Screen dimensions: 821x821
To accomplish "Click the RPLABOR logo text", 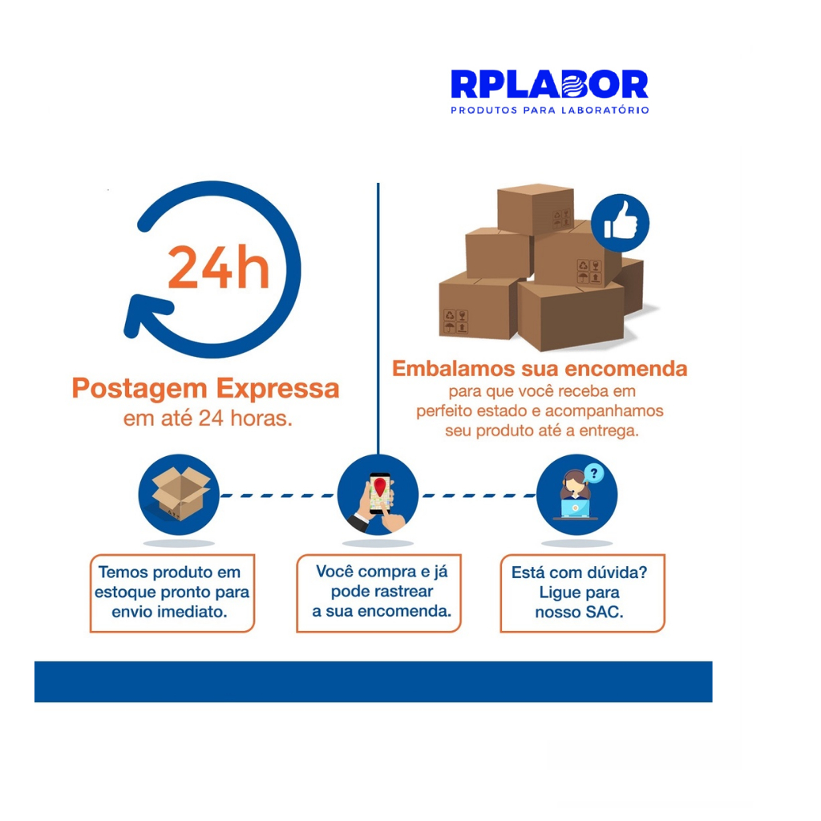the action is point(549,84).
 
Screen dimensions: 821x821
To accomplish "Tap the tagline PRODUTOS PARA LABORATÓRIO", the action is point(550,111).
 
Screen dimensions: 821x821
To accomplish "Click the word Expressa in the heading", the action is point(278,389).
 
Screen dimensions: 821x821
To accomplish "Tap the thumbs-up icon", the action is point(620,223).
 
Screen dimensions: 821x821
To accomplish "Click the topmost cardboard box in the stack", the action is point(535,209).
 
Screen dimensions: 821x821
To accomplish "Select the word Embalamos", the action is point(454,369).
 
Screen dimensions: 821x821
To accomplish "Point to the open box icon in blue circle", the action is point(179,495).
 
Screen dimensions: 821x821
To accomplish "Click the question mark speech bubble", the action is point(594,473).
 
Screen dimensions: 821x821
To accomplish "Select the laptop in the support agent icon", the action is point(575,508).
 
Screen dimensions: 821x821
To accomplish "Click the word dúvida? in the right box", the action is point(618,572).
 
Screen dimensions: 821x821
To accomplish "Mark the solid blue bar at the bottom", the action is point(374,681).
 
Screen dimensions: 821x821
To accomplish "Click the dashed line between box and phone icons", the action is point(277,495).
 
